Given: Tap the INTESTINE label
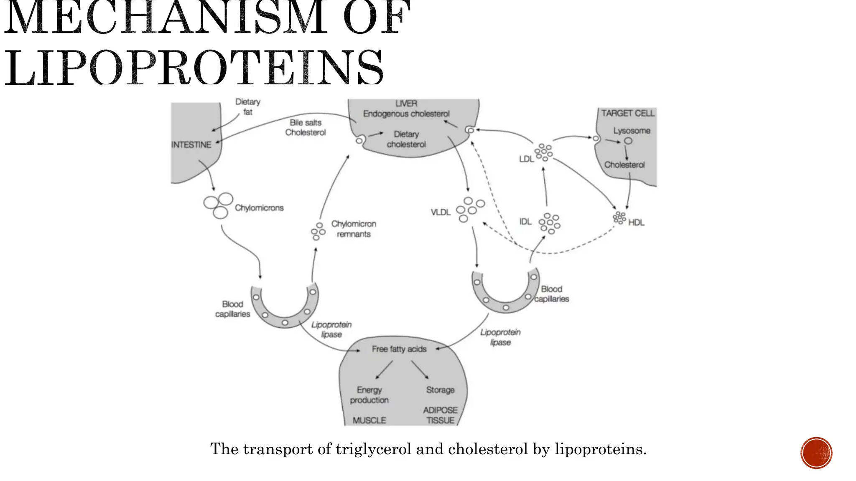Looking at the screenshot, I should [x=191, y=145].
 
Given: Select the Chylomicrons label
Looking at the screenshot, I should [x=259, y=208].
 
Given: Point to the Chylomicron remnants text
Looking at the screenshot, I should [x=354, y=229].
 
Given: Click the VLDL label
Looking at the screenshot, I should [x=441, y=213].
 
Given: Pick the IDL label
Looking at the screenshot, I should [x=525, y=222].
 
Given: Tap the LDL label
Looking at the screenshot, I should [x=526, y=159].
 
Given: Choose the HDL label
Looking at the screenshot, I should [x=636, y=223].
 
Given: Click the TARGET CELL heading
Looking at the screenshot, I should [x=628, y=113].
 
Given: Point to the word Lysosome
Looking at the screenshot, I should [x=632, y=131].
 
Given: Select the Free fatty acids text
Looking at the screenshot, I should [x=399, y=349].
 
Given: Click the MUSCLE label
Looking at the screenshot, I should [x=369, y=420].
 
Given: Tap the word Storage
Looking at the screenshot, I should [x=440, y=390].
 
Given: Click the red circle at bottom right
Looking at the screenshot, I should [x=816, y=453].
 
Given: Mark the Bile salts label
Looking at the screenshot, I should [x=306, y=123].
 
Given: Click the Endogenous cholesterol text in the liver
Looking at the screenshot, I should [x=406, y=114].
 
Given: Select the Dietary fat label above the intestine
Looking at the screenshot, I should [x=247, y=107].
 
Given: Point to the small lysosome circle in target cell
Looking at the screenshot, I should [x=628, y=141].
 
